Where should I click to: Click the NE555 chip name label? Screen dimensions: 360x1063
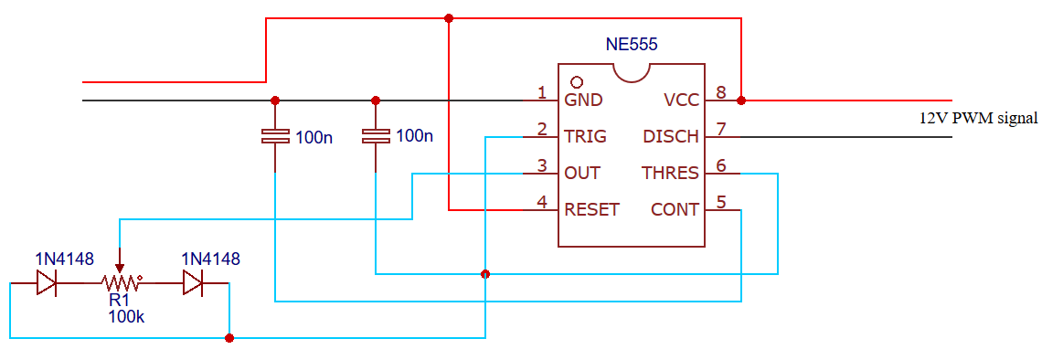pos(632,44)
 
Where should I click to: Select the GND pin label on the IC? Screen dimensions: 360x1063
pos(583,101)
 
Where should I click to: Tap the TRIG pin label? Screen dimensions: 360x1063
pos(585,137)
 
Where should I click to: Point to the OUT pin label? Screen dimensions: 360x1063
pos(582,173)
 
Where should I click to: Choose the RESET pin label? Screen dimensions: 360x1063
pos(591,209)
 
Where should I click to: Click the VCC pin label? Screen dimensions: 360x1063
pos(681,101)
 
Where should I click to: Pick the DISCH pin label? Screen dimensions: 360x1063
pos(671,137)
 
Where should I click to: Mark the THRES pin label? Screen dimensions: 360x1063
pos(670,173)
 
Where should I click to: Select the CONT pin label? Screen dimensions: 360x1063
pos(675,209)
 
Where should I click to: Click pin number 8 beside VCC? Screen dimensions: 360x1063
pos(721,92)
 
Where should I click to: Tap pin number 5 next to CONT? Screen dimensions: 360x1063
pos(721,202)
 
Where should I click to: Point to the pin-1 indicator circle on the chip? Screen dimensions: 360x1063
pos(577,82)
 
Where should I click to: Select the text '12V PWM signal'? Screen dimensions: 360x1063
pos(978,118)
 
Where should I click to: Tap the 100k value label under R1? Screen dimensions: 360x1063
pos(125,316)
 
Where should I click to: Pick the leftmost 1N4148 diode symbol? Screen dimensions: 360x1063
pos(47,283)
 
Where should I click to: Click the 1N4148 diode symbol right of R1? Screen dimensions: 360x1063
pos(193,283)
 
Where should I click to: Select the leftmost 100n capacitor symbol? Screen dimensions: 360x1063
pos(275,136)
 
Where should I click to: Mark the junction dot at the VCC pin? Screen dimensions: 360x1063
pos(741,101)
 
